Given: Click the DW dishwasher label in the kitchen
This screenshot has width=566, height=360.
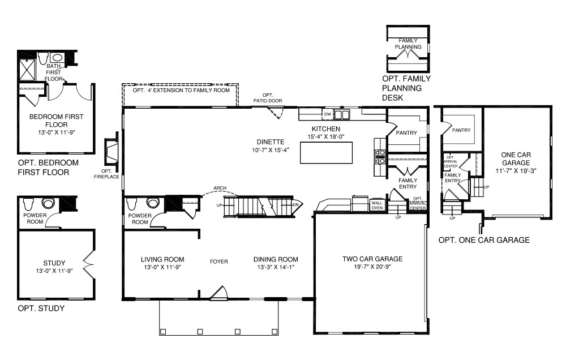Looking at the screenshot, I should coord(327,114).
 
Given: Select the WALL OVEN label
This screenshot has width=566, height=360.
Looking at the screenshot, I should coord(378,205).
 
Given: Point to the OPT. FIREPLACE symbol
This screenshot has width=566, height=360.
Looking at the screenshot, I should coord(111,153).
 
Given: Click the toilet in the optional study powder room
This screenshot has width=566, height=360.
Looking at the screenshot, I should coord(47,203).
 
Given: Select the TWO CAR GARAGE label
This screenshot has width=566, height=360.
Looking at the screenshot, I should coord(372,259).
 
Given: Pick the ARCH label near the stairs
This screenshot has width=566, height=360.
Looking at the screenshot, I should coord(220,188).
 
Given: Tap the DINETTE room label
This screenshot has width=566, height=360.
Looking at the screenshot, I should coord(269,142).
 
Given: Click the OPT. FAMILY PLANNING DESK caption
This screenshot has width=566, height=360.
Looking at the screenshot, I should coord(406,88).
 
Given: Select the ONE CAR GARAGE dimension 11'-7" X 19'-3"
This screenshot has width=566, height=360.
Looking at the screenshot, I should coord(516,170).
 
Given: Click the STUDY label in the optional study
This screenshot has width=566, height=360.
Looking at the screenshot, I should coord(54,263).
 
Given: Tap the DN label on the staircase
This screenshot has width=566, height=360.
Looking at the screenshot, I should coord(295,204).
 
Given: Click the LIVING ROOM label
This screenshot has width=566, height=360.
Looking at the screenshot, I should coord(163,259).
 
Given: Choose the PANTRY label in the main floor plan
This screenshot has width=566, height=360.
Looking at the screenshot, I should coord(406,133).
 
